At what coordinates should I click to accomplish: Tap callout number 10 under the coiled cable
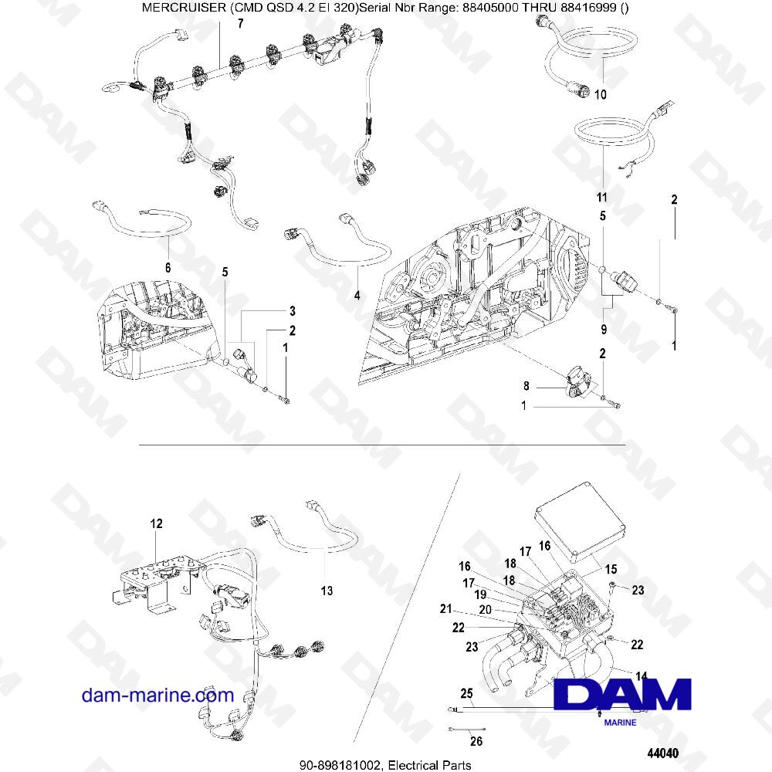[x=601, y=95]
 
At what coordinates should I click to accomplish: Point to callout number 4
[x=357, y=295]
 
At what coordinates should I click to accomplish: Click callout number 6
[x=168, y=267]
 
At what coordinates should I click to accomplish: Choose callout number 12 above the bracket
[x=157, y=524]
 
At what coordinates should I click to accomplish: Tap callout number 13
[x=327, y=591]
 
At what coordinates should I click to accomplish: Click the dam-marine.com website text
[x=157, y=695]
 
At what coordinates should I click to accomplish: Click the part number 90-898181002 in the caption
[x=344, y=764]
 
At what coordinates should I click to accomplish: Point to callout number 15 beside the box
[x=611, y=569]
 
